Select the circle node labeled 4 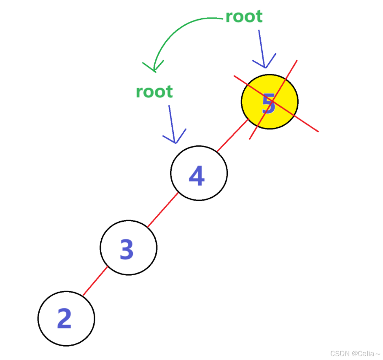[199, 173]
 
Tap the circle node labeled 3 [129, 247]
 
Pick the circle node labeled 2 [66, 319]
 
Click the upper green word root [244, 16]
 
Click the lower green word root [154, 91]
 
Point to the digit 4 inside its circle [197, 176]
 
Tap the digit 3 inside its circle [127, 250]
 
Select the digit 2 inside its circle [64, 319]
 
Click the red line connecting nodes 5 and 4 [232, 136]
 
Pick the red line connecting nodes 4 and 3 [163, 210]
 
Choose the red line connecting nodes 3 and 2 [95, 281]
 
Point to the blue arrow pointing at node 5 [261, 46]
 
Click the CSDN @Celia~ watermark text [355, 353]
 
